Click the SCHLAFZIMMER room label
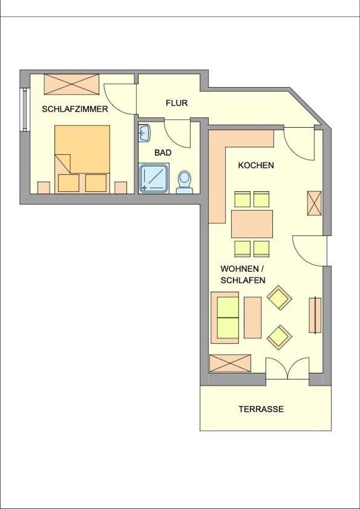(x=75, y=109)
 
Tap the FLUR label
(x=177, y=103)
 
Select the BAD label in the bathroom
(x=163, y=153)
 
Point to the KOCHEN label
(x=256, y=165)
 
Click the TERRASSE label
(x=261, y=409)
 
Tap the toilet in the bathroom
(x=185, y=182)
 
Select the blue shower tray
(x=154, y=178)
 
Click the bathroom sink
(x=144, y=133)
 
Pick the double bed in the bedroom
(x=82, y=159)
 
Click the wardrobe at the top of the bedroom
(x=72, y=84)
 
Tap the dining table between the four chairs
(x=252, y=224)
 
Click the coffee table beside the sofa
(x=252, y=318)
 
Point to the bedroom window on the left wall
(x=24, y=110)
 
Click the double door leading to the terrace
(x=287, y=368)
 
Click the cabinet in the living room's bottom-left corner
(x=230, y=363)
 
